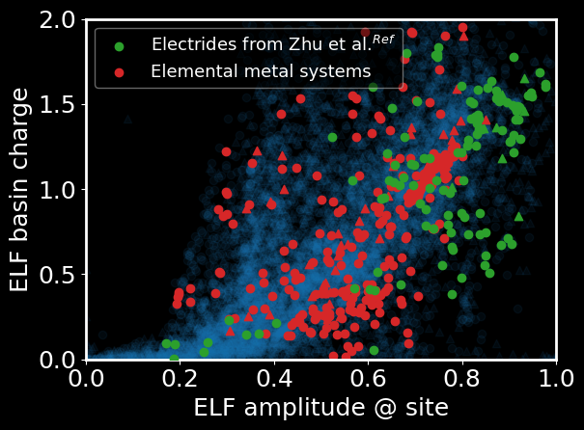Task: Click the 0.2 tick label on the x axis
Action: [x=181, y=376]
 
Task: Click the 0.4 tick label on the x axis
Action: [x=274, y=376]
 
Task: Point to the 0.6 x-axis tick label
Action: [x=368, y=376]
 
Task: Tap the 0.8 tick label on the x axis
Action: [x=461, y=376]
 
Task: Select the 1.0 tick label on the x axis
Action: [x=554, y=376]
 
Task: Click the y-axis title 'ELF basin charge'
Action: [x=21, y=190]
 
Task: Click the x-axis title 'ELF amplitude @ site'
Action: [x=320, y=408]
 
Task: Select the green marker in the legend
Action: [x=119, y=45]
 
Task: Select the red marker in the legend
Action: [x=119, y=72]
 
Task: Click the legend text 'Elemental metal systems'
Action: [x=261, y=72]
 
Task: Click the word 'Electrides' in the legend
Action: [x=188, y=45]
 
